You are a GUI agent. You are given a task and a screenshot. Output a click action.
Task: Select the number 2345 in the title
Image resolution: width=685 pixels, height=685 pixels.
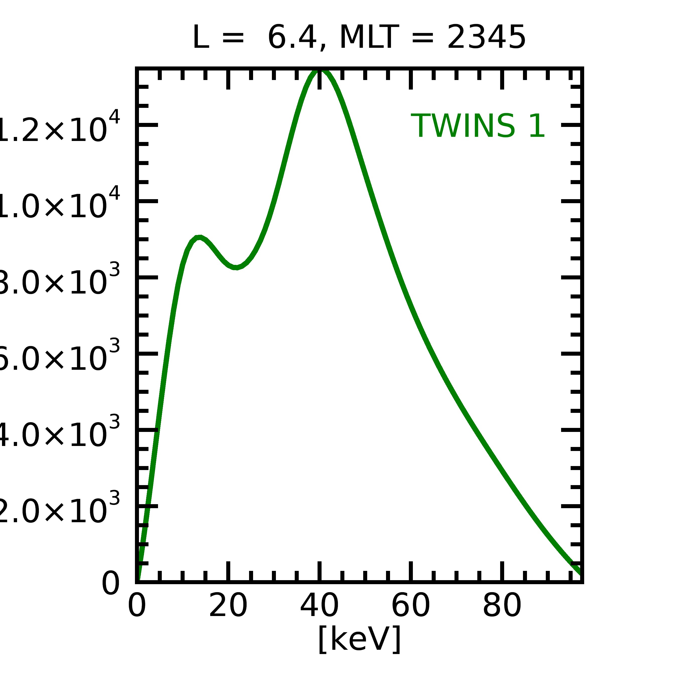pyautogui.click(x=486, y=38)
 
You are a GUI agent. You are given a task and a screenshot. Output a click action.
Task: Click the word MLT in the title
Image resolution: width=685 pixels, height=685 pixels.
pyautogui.click(x=369, y=38)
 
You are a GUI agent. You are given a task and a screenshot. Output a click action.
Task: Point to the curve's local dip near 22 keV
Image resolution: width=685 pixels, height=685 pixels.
pyautogui.click(x=236, y=267)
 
